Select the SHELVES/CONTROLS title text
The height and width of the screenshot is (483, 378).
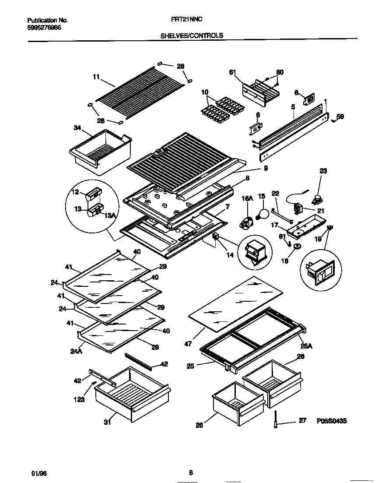[192, 35]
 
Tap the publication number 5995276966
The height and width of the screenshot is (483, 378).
[44, 27]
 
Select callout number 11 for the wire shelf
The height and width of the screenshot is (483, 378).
[96, 77]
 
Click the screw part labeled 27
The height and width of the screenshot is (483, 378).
[276, 420]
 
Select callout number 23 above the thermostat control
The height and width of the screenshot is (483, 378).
[323, 171]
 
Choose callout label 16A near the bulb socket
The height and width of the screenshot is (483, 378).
[248, 198]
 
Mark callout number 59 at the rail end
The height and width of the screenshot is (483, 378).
[339, 116]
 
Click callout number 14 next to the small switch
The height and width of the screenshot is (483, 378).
[230, 255]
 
